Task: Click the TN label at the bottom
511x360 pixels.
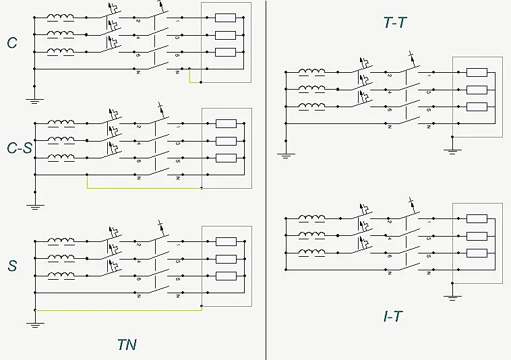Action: tap(127, 344)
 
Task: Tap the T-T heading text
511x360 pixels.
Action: tap(394, 23)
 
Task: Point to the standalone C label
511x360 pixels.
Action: tap(12, 44)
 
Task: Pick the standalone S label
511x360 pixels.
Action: tap(12, 266)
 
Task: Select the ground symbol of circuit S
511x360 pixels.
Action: tap(34, 324)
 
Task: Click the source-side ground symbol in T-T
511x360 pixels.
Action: tap(286, 154)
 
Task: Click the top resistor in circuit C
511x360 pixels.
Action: tap(225, 18)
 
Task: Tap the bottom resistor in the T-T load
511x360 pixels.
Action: tap(477, 107)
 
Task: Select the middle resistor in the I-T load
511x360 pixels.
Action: tap(477, 235)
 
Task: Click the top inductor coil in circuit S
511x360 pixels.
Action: tap(61, 241)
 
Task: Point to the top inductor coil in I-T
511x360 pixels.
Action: tap(311, 218)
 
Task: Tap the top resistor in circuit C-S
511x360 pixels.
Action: tap(225, 123)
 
